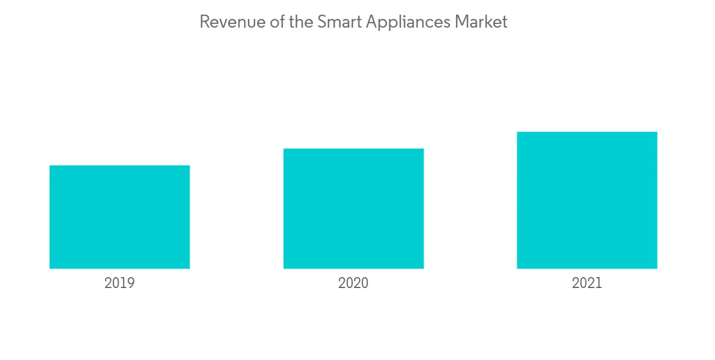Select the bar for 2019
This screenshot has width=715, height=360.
pos(120,217)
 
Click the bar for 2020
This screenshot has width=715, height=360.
pos(353,208)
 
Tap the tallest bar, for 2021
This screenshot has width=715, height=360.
pos(587,200)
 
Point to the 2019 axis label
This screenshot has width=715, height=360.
pos(120,283)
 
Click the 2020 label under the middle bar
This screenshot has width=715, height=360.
pos(353,283)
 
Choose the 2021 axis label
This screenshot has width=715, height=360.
pos(587,283)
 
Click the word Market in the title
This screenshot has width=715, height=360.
pos(481,22)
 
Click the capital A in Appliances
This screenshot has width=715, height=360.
pos(371,22)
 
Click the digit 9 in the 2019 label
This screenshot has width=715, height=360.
pos(131,283)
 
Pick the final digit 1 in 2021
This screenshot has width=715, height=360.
pos(598,283)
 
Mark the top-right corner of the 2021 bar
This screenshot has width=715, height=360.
pos(656,132)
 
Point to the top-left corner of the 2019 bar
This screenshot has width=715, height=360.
pos(50,166)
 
